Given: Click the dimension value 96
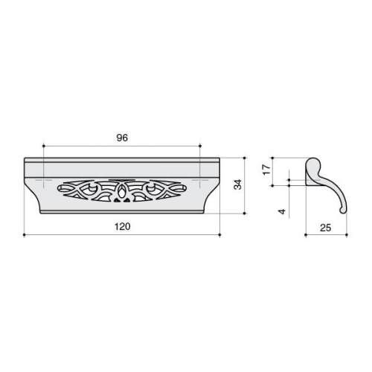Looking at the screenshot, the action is point(122,138).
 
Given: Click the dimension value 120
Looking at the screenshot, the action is point(122,227).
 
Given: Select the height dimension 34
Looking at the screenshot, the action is point(238,185).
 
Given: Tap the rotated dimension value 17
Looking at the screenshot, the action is point(266,170).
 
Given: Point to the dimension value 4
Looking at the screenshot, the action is point(282,212).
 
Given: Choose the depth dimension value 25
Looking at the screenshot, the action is point(326,228).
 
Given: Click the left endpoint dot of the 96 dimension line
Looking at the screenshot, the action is point(44,147).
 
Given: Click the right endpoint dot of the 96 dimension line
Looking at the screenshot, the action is point(200,147).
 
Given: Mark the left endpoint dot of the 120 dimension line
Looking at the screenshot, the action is point(24,234).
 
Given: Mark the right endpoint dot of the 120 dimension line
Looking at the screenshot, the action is point(220,234).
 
